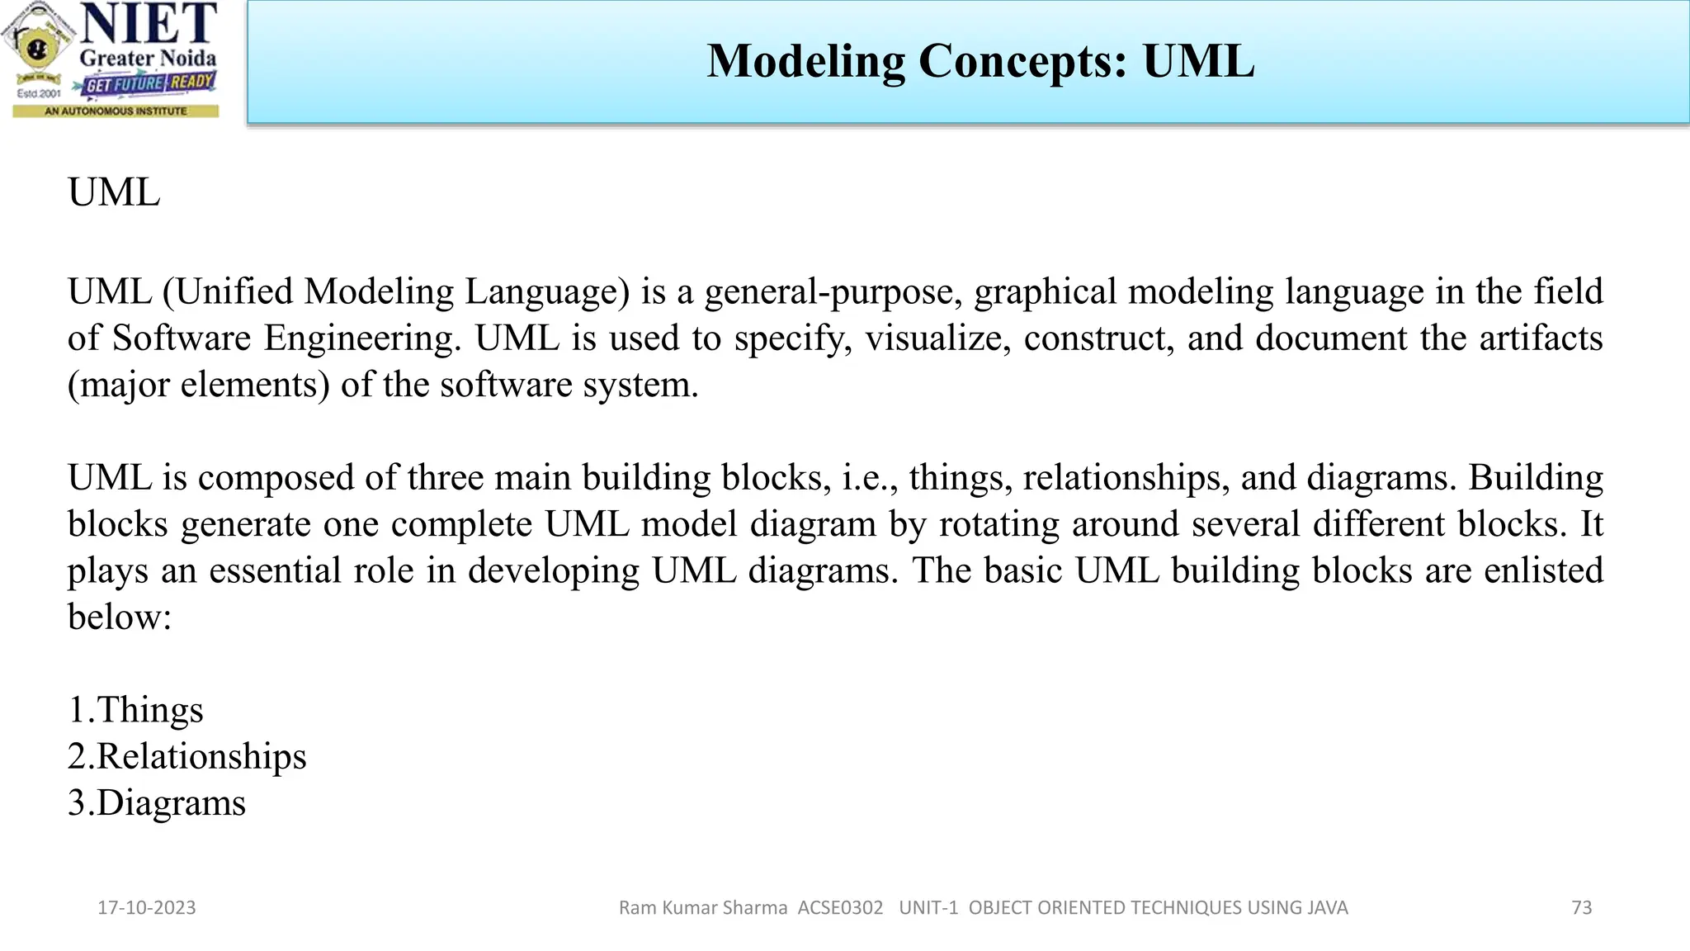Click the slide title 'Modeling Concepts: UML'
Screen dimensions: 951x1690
coord(980,61)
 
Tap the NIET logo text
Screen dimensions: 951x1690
coord(149,24)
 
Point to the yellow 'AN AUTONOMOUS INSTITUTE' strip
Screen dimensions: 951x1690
coord(116,111)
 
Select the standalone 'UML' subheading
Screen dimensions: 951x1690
coord(114,192)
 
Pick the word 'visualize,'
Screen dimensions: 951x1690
coord(937,338)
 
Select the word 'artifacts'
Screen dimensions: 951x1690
coord(1540,338)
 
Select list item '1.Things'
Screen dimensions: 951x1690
coord(135,710)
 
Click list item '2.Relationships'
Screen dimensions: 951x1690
coord(187,756)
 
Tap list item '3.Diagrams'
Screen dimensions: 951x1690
coord(157,803)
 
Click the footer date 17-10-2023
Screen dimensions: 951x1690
coord(147,908)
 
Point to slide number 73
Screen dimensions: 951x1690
coord(1581,908)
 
